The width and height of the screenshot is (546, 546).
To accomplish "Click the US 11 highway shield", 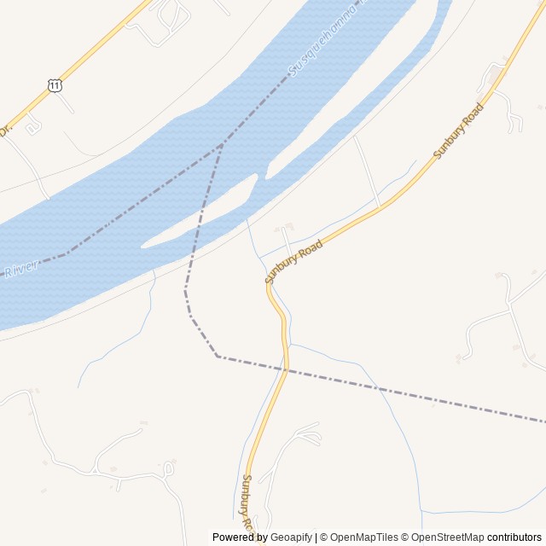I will pyautogui.click(x=55, y=85).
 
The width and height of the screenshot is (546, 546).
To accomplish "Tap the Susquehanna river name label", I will pyautogui.click(x=324, y=43).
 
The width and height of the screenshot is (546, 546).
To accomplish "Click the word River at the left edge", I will pyautogui.click(x=20, y=270).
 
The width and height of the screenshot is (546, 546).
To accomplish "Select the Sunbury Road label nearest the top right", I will pyautogui.click(x=458, y=131).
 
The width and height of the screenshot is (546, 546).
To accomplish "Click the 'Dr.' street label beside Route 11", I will pyautogui.click(x=5, y=131).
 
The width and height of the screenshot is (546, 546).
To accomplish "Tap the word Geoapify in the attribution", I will pyautogui.click(x=291, y=537).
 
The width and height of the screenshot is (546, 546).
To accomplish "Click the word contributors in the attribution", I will pyautogui.click(x=515, y=537).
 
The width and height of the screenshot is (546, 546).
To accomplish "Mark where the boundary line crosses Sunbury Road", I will pyautogui.click(x=286, y=369).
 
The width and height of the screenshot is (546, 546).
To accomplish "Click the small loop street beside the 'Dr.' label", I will pyautogui.click(x=33, y=126).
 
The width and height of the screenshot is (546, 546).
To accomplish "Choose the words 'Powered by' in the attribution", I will pyautogui.click(x=240, y=537).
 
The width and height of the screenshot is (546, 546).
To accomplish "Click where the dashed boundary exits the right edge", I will pyautogui.click(x=543, y=421).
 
